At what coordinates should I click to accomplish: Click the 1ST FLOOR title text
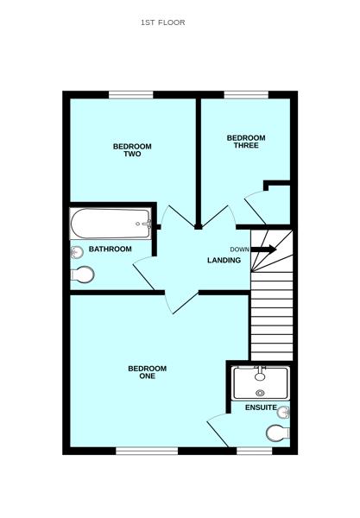(162, 22)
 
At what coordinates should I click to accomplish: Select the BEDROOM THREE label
(246, 142)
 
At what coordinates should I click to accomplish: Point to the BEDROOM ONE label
(147, 372)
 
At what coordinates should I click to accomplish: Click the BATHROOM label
(111, 250)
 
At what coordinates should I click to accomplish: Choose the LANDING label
(223, 260)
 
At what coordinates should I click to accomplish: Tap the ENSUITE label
(260, 407)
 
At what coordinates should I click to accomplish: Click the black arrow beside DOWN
(264, 250)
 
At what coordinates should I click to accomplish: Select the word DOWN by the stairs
(240, 250)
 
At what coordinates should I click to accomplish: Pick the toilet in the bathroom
(84, 275)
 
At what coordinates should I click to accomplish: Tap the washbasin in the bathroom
(77, 251)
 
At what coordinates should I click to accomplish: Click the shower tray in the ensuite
(260, 382)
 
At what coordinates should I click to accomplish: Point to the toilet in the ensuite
(279, 433)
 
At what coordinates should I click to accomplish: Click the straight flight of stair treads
(271, 326)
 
